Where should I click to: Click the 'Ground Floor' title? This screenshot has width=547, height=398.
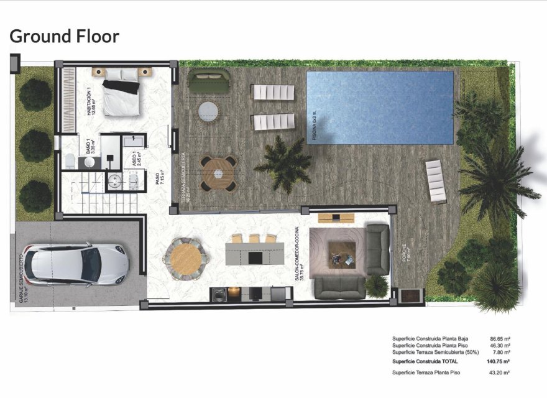click(x=64, y=36)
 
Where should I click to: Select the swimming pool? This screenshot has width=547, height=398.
click(x=379, y=108)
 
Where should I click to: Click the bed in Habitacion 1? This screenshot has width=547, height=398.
click(x=121, y=93)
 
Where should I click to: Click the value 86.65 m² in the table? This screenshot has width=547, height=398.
click(x=500, y=340)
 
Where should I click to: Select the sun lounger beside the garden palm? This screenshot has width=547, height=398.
click(x=436, y=180)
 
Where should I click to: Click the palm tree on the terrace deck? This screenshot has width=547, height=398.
click(x=283, y=163)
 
